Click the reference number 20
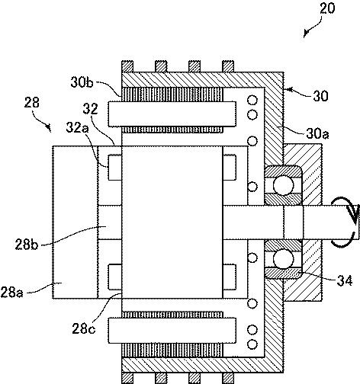coord(327,8)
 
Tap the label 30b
coord(82,82)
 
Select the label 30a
coord(317,133)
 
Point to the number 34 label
coord(345,281)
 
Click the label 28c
coord(84,329)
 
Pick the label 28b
coord(26,245)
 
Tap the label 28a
coord(12,293)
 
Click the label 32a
coord(77,127)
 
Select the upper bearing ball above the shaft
coord(283,185)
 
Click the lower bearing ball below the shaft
coord(283,258)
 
